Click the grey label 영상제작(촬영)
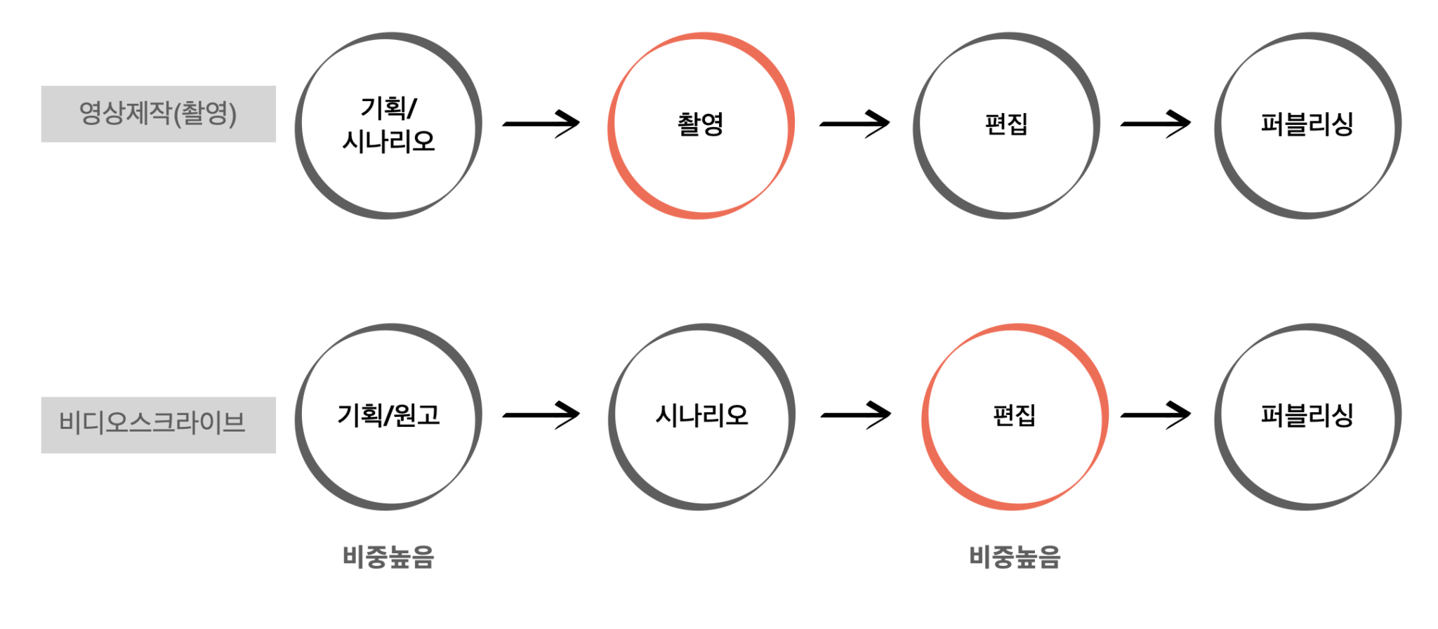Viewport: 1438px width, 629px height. point(158,114)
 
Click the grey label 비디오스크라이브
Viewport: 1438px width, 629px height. point(158,425)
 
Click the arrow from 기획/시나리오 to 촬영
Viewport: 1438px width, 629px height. point(541,124)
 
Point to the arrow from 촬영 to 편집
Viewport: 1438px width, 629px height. point(855,124)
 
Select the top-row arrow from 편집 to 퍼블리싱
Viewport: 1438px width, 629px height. point(1156,124)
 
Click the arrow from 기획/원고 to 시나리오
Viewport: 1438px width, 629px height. point(541,415)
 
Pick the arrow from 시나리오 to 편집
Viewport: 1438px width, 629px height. point(856,415)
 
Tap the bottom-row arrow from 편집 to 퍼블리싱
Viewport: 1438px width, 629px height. point(1156,415)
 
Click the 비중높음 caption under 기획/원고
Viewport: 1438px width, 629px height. point(388,557)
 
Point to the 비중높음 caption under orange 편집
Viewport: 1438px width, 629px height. point(1015,557)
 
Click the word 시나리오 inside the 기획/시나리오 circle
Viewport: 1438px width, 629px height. point(388,142)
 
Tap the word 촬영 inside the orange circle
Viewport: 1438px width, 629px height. point(700,124)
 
